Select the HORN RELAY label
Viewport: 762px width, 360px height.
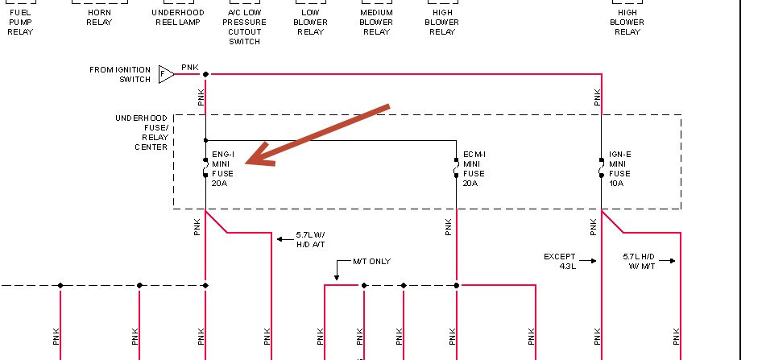tap(99, 18)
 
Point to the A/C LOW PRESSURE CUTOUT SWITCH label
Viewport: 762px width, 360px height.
tap(244, 27)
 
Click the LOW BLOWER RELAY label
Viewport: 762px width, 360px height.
tap(310, 23)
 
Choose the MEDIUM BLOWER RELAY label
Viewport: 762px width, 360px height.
tap(376, 23)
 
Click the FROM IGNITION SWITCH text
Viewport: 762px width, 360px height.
tap(120, 74)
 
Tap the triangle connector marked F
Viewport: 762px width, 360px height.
tap(165, 74)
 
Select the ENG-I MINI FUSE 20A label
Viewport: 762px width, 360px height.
tap(224, 168)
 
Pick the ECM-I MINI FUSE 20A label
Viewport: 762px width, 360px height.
tap(474, 168)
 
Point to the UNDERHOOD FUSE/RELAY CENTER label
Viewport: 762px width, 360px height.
tap(141, 133)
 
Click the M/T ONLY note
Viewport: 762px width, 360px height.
tap(372, 262)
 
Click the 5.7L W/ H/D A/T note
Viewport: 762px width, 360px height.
tap(310, 239)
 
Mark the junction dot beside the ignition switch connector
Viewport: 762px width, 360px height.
tap(205, 74)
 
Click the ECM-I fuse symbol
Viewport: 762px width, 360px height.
tap(456, 168)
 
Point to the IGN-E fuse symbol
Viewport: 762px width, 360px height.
tap(602, 168)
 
